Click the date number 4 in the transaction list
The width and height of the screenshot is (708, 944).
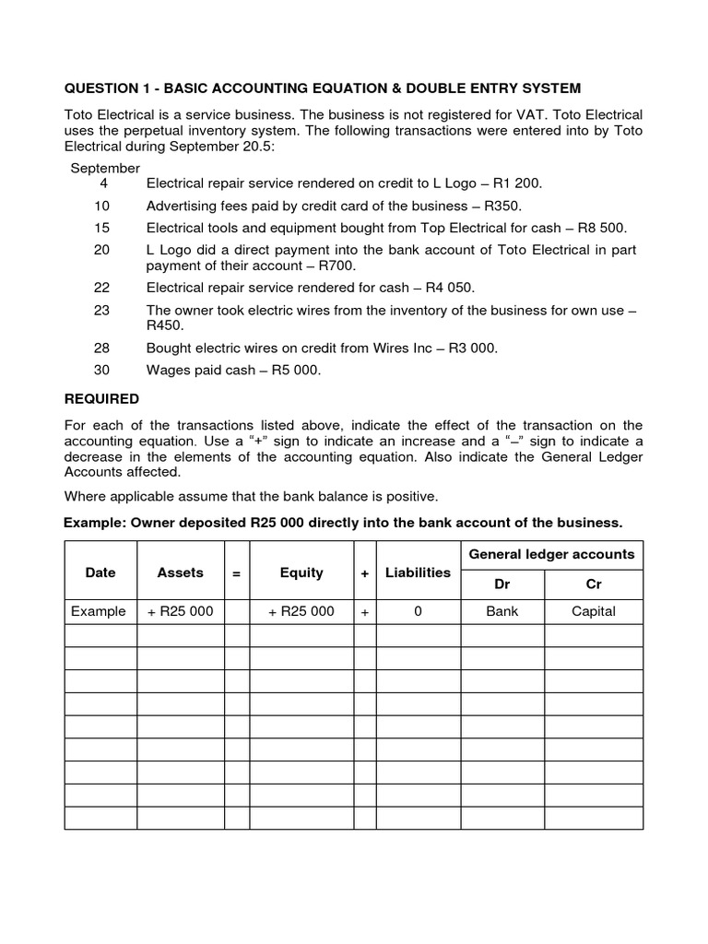[x=103, y=183]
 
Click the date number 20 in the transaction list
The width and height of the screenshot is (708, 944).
[x=101, y=250]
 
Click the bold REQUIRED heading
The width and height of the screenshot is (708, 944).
[x=101, y=399]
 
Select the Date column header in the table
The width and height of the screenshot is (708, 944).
[x=100, y=572]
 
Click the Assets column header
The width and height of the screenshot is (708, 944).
[x=181, y=572]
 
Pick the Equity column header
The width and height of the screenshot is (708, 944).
[x=301, y=572]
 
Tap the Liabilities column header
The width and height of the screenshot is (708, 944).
[x=418, y=572]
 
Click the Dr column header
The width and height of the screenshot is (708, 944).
[x=502, y=584]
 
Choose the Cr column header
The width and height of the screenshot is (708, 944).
[x=594, y=584]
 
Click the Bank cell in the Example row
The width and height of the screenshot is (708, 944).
[x=502, y=611]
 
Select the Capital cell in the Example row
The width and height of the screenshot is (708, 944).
[x=594, y=611]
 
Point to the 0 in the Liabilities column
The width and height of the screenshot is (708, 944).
[x=418, y=611]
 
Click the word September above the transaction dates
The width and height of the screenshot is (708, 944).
[x=105, y=168]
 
